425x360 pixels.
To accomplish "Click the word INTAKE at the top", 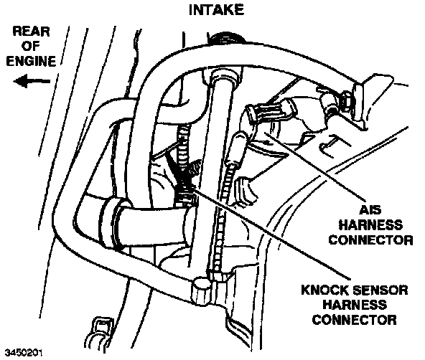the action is (x=216, y=10).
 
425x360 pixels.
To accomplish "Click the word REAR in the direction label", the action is (x=31, y=32).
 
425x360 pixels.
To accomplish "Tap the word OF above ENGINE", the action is (x=30, y=47).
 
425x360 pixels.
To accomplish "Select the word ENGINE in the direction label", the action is (x=31, y=61).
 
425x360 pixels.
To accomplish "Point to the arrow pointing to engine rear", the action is (x=32, y=81).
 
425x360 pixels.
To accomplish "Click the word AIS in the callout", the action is (x=370, y=210).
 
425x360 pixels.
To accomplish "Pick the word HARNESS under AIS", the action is (x=370, y=225).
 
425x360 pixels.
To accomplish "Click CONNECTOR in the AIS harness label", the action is (x=370, y=240).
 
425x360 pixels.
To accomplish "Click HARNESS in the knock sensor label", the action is (x=355, y=305).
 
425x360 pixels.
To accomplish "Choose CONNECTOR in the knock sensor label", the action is (x=354, y=320).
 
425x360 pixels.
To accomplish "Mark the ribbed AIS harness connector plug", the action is (x=269, y=111).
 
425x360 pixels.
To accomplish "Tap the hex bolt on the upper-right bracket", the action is (x=343, y=101).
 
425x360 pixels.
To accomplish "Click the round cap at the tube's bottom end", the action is (x=202, y=291).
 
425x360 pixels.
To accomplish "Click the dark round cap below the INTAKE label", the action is (x=227, y=37).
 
